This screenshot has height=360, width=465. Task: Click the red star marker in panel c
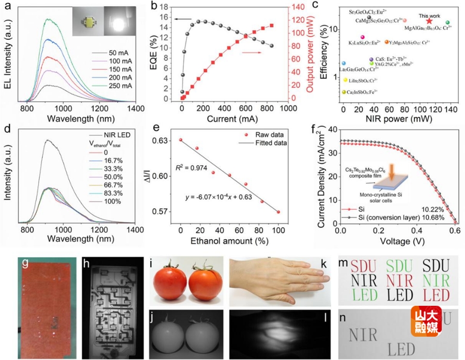coord(429,21)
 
